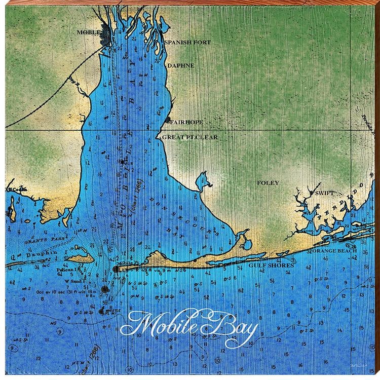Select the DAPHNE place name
[x=180, y=65]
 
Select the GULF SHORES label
[x=271, y=265]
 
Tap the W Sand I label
[x=73, y=280]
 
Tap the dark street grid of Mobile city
[x=108, y=37]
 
